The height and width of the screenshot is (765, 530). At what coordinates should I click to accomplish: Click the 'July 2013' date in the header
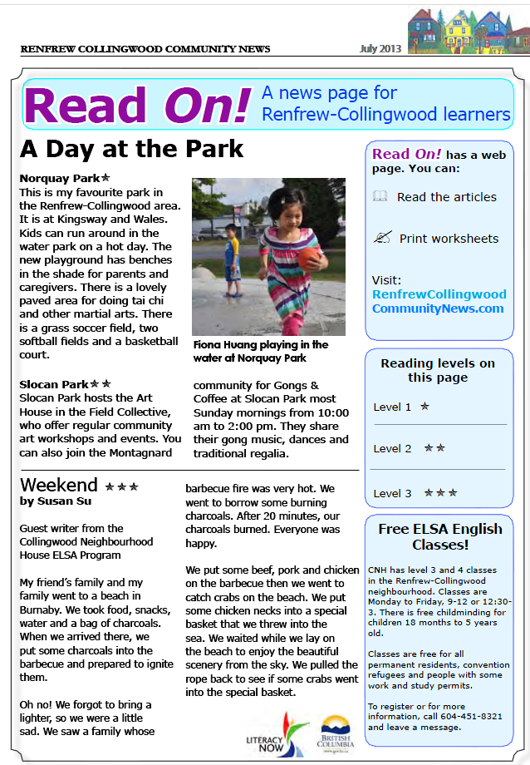click(x=380, y=48)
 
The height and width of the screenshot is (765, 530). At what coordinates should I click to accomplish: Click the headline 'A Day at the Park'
click(x=131, y=149)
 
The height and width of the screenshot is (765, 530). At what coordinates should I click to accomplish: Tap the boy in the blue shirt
click(x=233, y=257)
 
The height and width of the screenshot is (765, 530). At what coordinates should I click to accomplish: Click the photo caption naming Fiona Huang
click(x=260, y=351)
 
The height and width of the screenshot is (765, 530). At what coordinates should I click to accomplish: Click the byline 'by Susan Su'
click(x=55, y=501)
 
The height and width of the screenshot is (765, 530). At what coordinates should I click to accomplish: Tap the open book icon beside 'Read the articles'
click(x=380, y=197)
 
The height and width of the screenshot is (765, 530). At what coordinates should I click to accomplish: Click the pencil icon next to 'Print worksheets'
click(x=381, y=238)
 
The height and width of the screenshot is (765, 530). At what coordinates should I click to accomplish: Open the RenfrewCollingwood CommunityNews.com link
click(x=439, y=301)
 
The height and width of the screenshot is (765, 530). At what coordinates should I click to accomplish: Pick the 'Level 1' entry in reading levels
click(x=401, y=407)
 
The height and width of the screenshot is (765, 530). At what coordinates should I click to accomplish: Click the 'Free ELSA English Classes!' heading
click(x=439, y=536)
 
